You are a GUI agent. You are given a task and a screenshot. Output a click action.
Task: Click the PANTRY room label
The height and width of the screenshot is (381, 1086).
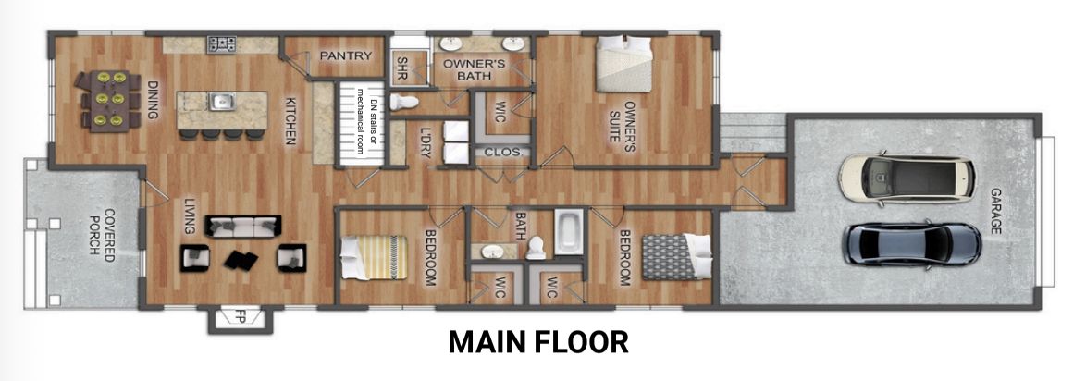pyautogui.click(x=346, y=56)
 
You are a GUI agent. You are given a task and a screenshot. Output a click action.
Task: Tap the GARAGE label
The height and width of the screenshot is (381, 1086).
pyautogui.click(x=996, y=211)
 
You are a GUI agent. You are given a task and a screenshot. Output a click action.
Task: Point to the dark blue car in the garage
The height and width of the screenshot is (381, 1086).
pyautogui.click(x=911, y=244)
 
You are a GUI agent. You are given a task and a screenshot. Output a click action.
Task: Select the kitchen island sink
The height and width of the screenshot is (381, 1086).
pyautogui.click(x=222, y=102)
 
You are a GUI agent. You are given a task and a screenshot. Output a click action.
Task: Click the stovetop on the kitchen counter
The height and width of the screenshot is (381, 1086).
pyautogui.click(x=222, y=44)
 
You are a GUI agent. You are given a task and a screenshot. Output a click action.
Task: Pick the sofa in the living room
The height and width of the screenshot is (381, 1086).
pyautogui.click(x=243, y=227)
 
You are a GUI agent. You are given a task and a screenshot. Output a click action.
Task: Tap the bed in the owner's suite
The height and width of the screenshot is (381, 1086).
pyautogui.click(x=624, y=64)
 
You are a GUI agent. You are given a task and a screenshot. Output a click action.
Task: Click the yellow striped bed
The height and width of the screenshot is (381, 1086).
pyautogui.click(x=374, y=258)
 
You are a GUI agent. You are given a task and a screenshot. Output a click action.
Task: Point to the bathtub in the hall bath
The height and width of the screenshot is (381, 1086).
pyautogui.click(x=569, y=233)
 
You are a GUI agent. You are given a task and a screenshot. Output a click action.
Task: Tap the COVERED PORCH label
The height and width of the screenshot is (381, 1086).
pyautogui.click(x=102, y=230)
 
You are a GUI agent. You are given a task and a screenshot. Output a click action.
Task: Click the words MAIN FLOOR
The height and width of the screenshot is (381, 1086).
pyautogui.click(x=539, y=342)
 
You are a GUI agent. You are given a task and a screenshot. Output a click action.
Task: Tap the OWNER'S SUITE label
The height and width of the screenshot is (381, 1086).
pyautogui.click(x=622, y=122)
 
